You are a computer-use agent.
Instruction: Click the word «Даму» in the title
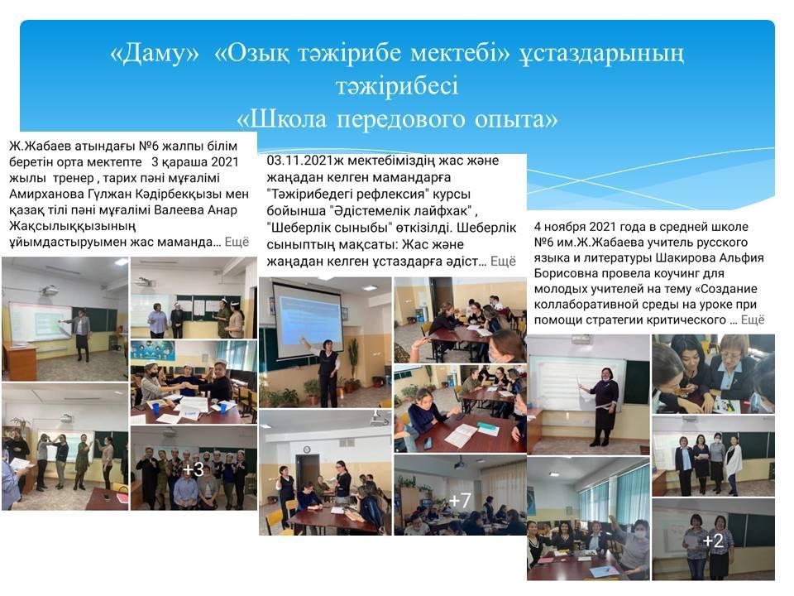pyautogui.click(x=155, y=53)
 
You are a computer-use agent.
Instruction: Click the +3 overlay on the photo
pyautogui.click(x=194, y=469)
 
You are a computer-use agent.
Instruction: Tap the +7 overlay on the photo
pyautogui.click(x=459, y=501)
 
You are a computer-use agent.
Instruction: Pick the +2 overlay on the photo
pyautogui.click(x=712, y=541)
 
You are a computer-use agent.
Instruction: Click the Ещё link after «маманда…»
pyautogui.click(x=237, y=242)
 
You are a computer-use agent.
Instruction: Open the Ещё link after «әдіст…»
pyautogui.click(x=503, y=261)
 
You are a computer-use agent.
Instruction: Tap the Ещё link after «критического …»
pyautogui.click(x=753, y=320)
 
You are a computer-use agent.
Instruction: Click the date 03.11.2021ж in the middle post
pyautogui.click(x=302, y=161)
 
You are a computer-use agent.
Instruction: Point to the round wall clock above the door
pyautogui.click(x=306, y=449)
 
